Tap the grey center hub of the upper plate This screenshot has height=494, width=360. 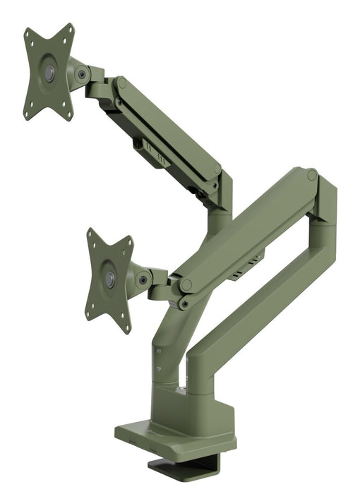(49, 73)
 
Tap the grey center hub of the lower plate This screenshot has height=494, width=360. (110, 279)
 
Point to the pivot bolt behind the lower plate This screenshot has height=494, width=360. (144, 279)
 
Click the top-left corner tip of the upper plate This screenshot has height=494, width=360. (28, 32)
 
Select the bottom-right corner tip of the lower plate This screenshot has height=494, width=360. (128, 330)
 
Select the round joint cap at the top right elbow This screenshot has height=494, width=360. (311, 174)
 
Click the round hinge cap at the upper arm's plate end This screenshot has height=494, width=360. (121, 83)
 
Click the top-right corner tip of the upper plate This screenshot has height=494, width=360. (71, 27)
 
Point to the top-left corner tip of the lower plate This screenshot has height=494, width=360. (90, 231)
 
